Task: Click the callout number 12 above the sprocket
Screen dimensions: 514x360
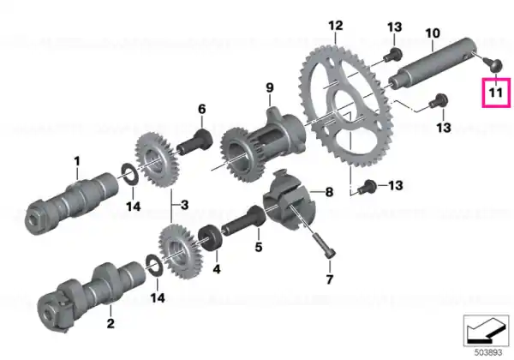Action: (336, 26)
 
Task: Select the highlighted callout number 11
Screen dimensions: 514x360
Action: (496, 93)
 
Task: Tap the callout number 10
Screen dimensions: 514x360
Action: (433, 33)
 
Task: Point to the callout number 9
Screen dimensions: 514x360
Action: (270, 88)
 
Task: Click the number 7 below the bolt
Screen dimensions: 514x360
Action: (330, 279)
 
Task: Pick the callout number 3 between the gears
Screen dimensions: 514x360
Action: (184, 205)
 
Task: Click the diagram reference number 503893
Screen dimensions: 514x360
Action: (488, 353)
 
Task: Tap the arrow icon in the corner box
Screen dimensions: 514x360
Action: (487, 331)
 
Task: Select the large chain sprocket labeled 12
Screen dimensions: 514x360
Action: (346, 106)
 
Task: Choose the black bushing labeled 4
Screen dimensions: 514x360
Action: (212, 237)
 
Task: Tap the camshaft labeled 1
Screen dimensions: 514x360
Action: (72, 202)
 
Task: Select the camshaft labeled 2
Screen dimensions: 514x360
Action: (91, 295)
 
